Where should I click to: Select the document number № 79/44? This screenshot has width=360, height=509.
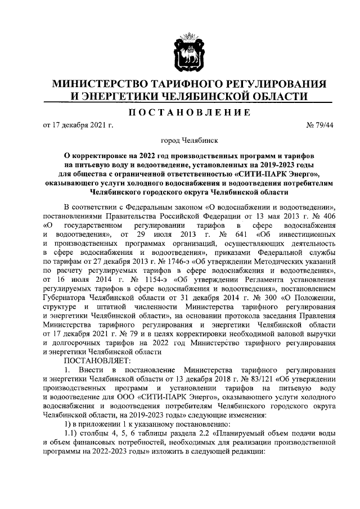tap(318, 125)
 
